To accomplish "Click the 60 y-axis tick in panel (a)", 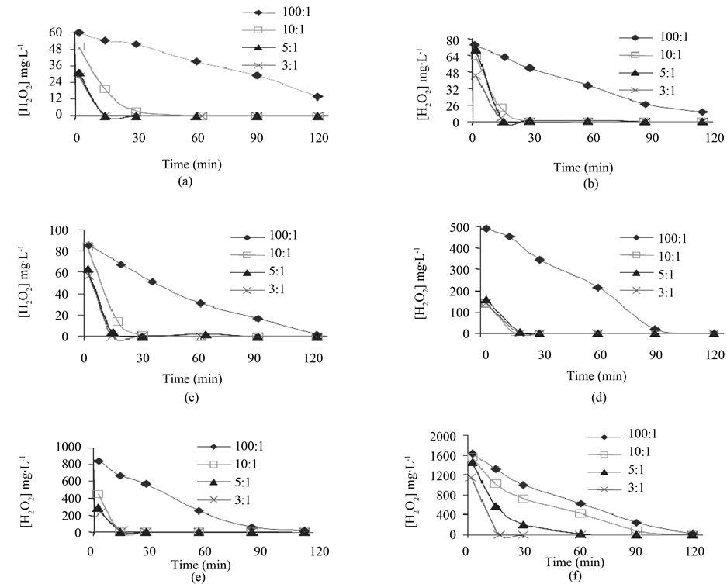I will [x=57, y=33].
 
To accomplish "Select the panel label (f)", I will [x=596, y=576].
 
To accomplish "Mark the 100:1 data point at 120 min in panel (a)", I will [x=317, y=96].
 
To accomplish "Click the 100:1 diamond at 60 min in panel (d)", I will [x=597, y=288].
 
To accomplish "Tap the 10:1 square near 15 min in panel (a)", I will [x=105, y=89].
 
